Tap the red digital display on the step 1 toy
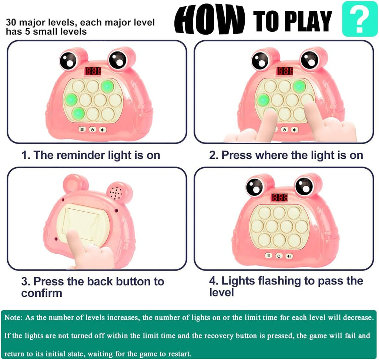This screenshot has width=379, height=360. click(x=93, y=71)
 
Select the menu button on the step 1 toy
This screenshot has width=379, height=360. click(x=82, y=129)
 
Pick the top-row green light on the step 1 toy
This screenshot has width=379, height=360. click(x=107, y=86)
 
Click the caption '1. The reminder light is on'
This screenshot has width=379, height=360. click(x=91, y=155)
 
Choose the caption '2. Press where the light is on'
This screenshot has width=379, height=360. click(x=286, y=155)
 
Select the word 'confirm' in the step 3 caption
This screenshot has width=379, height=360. click(x=42, y=293)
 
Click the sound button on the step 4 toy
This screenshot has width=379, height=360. click(x=290, y=256)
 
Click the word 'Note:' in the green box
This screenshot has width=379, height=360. click(x=13, y=317)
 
